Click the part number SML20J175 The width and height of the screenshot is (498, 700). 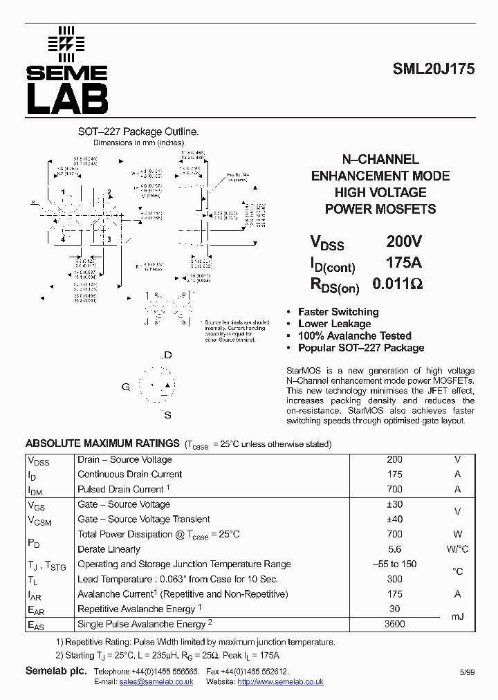433,70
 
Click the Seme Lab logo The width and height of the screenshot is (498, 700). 67,71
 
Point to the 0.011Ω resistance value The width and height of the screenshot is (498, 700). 397,284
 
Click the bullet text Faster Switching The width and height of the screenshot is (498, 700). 338,312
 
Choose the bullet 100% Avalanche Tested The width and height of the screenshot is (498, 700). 354,336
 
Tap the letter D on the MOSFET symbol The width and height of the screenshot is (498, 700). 167,355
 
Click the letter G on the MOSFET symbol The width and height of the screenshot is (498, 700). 126,387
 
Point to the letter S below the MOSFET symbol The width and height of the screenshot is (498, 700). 167,415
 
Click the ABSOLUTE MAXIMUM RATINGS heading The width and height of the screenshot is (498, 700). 102,443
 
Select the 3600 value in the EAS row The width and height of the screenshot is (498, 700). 394,624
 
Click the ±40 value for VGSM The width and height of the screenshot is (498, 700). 394,519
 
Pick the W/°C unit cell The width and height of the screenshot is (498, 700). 457,549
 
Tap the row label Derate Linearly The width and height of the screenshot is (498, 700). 109,549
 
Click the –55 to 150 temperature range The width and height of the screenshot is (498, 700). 394,564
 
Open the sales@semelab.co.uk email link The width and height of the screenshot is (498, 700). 156,682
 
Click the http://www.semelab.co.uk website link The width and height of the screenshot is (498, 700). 280,682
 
